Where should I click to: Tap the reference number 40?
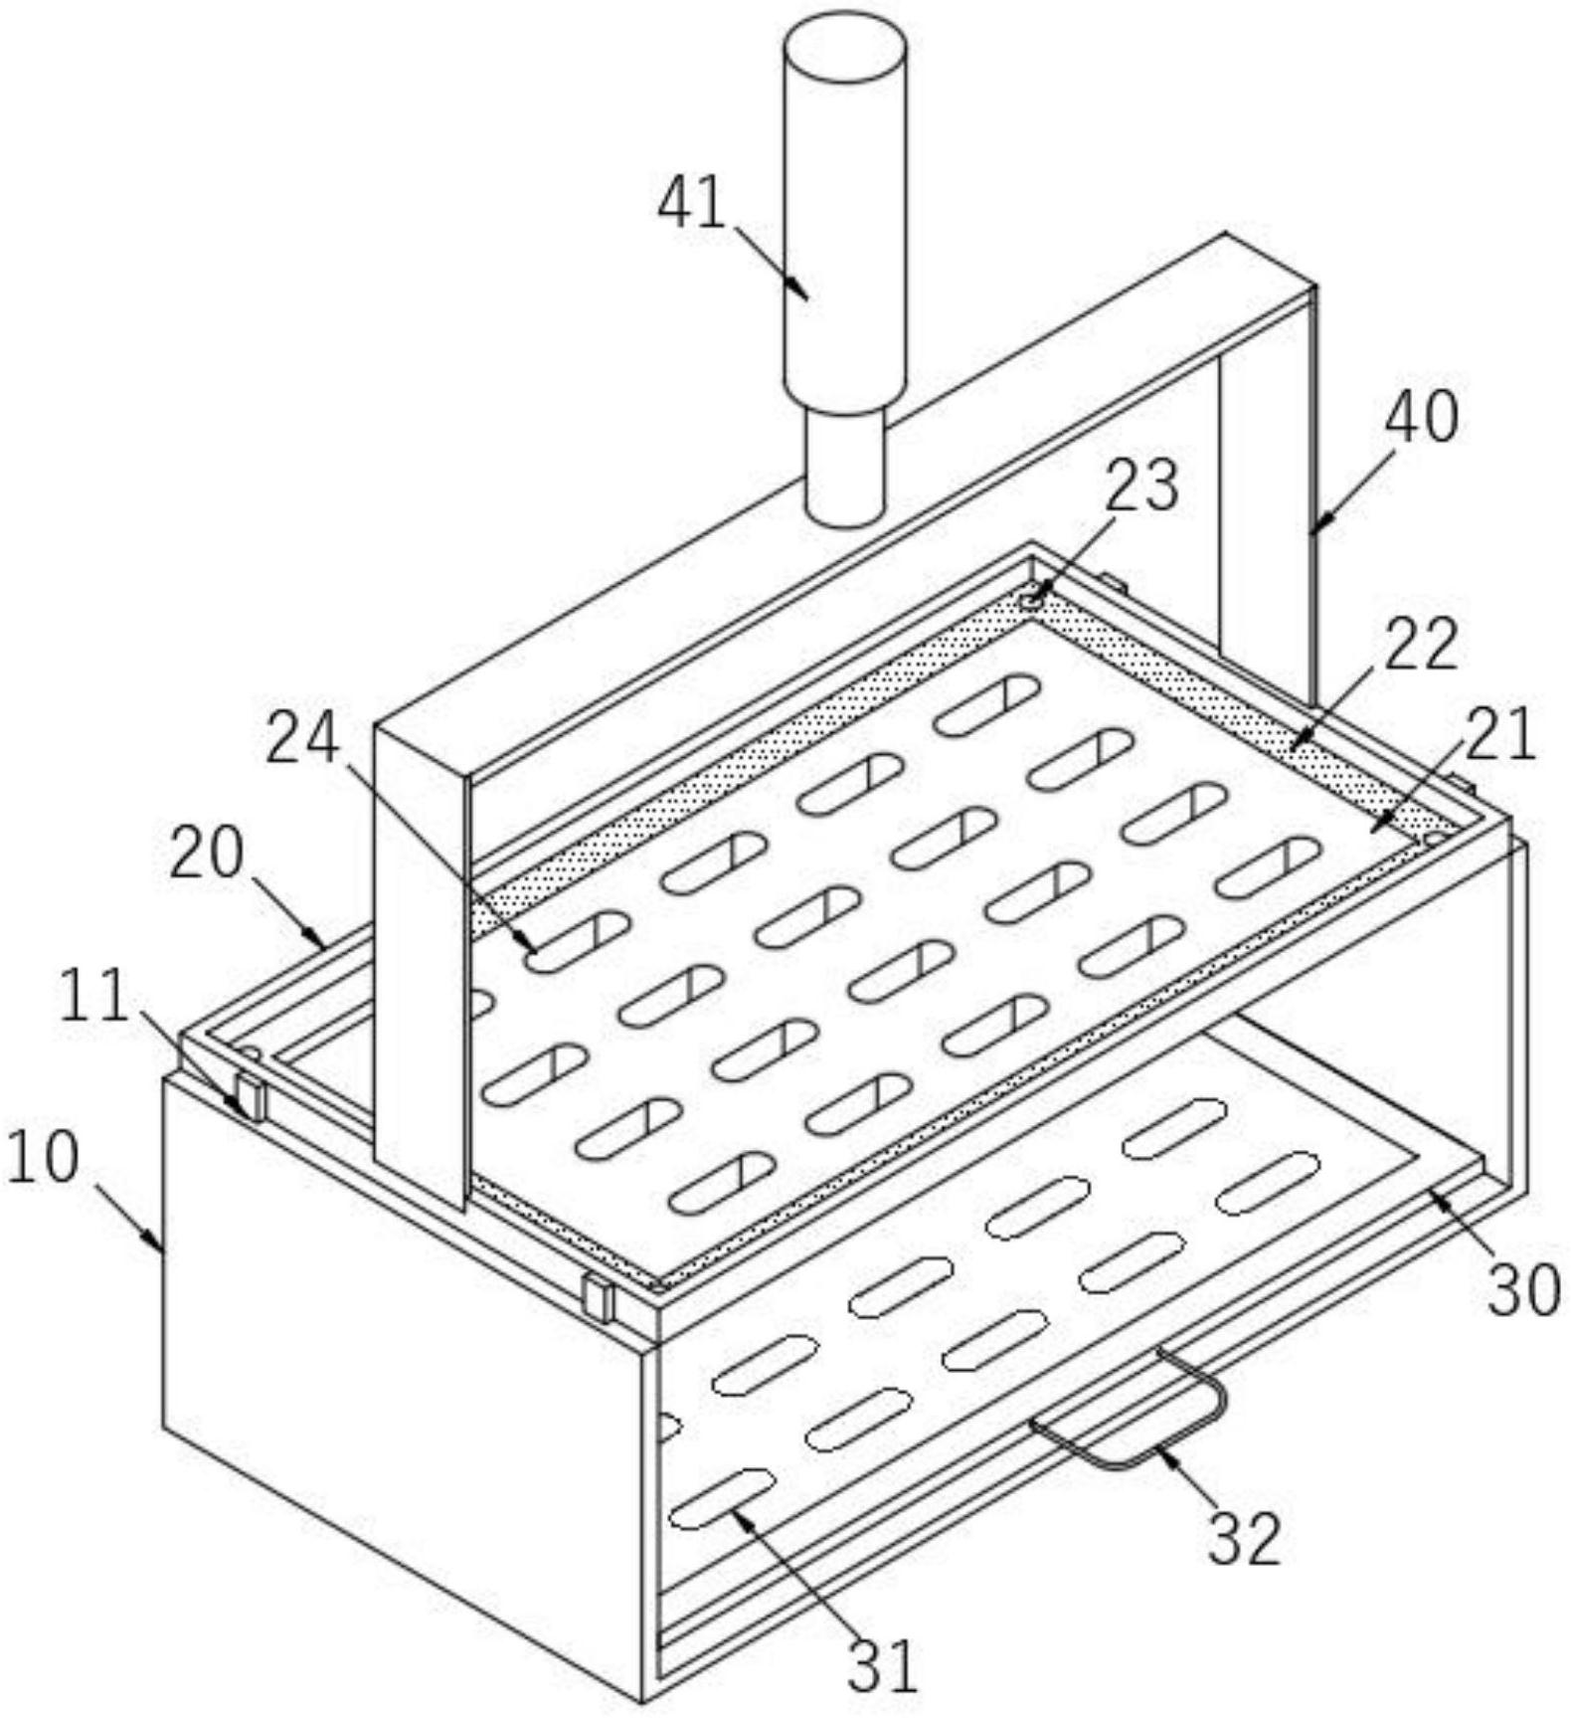pyautogui.click(x=1422, y=416)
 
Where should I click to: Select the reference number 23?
pyautogui.click(x=1141, y=484)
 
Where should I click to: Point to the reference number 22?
pyautogui.click(x=1422, y=644)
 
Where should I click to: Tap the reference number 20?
pyautogui.click(x=206, y=854)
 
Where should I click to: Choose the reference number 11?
pyautogui.click(x=94, y=995)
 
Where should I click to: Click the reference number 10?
pyautogui.click(x=42, y=1158)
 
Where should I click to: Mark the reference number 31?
pyautogui.click(x=881, y=1665)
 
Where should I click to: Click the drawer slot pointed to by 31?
pyautogui.click(x=722, y=1498)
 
